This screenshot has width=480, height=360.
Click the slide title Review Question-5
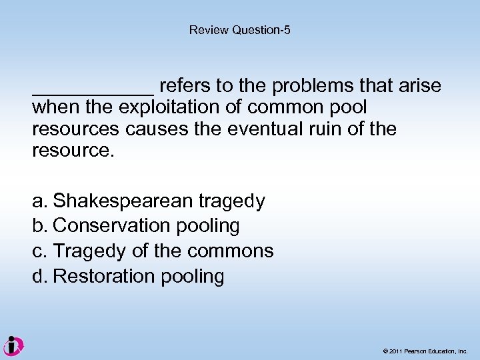click(x=240, y=30)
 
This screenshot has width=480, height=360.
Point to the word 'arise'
click(x=418, y=86)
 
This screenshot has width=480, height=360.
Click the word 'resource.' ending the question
click(x=73, y=150)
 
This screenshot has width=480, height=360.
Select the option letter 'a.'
click(x=40, y=201)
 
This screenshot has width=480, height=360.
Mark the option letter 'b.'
click(x=40, y=226)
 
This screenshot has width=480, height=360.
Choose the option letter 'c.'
click(x=40, y=251)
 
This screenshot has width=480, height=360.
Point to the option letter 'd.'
click(x=40, y=277)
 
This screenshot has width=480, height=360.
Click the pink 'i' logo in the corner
click(x=13, y=346)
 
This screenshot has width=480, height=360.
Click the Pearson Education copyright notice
click(x=425, y=351)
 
